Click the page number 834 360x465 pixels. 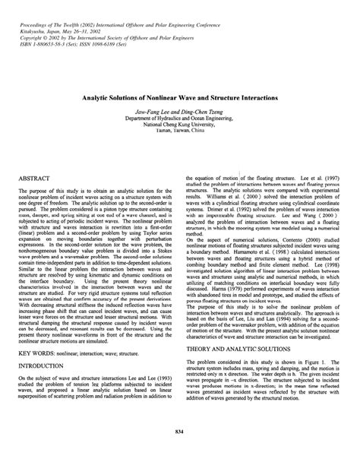180,432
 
